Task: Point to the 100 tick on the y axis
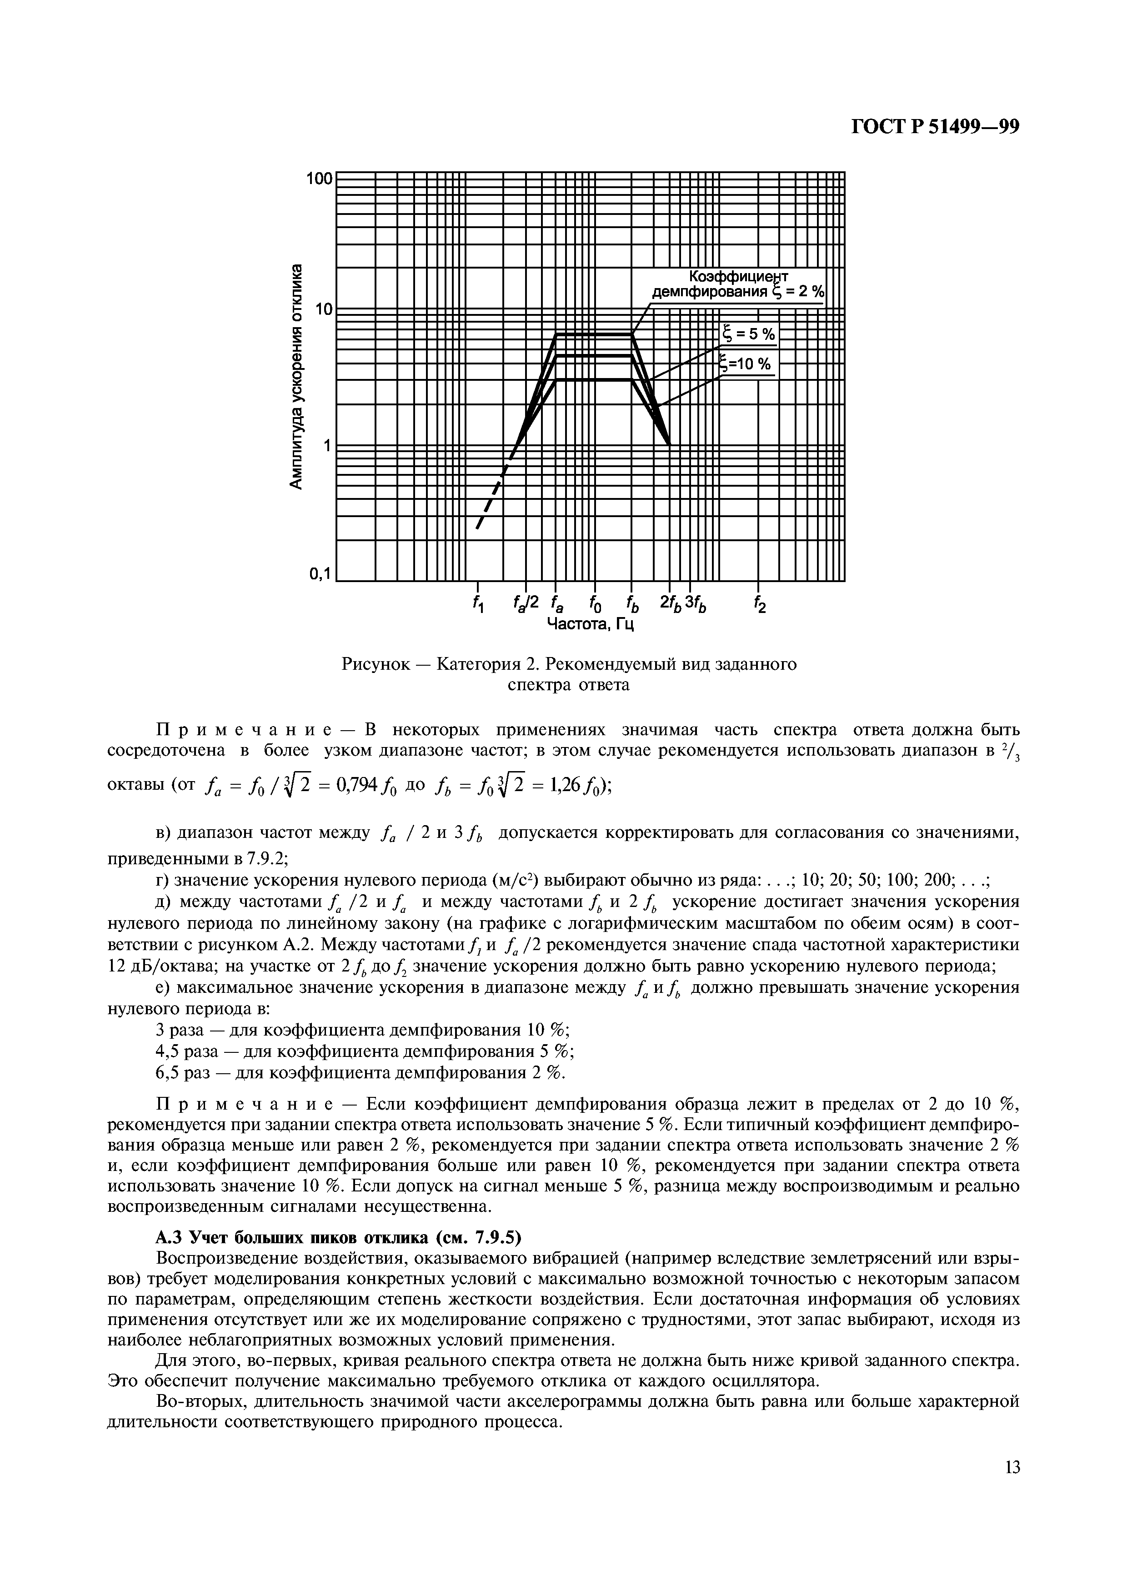(320, 179)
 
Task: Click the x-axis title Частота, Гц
(591, 625)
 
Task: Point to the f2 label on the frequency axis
(759, 603)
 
